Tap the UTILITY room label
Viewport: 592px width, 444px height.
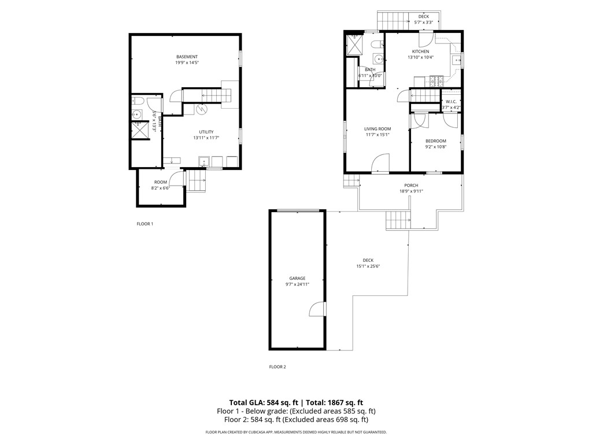coord(206,132)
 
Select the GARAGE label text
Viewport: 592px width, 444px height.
coord(297,278)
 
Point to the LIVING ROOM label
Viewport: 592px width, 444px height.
coord(378,129)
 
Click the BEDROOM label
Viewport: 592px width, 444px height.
coord(436,140)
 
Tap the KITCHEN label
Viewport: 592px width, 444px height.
coord(420,51)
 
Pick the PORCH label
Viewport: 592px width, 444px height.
coord(411,185)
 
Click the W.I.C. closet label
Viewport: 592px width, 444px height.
coord(452,101)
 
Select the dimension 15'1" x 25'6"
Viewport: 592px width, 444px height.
coord(368,267)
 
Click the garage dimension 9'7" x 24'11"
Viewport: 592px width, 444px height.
coord(297,284)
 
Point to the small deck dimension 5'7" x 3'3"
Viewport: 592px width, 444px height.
coord(424,23)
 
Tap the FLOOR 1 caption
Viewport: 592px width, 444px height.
coord(145,224)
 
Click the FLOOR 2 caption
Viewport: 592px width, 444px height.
coord(277,367)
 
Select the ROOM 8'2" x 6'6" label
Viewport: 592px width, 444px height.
coord(160,185)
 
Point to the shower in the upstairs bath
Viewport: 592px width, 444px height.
coord(353,45)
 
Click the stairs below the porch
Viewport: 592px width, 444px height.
coord(398,220)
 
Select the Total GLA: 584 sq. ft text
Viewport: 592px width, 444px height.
coord(264,402)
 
